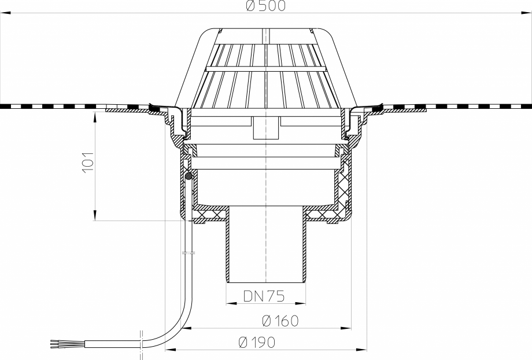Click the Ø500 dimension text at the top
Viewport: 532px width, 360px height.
265,6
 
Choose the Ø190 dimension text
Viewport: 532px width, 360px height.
257,342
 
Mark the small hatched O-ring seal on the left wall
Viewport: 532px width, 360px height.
189,177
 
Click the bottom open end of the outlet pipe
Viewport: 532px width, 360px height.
265,282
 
